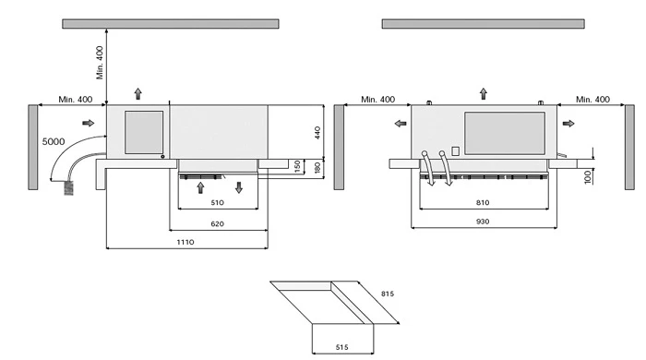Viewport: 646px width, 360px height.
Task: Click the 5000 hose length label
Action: [54, 142]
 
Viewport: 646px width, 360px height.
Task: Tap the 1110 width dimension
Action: [185, 242]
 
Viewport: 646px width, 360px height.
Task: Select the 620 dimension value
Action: [217, 224]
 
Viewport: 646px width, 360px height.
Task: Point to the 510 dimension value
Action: [217, 203]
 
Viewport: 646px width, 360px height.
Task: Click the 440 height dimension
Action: [317, 133]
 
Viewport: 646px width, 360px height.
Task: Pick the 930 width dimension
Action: [483, 222]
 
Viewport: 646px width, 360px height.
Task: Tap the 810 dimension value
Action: [483, 203]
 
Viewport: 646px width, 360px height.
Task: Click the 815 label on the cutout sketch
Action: [388, 294]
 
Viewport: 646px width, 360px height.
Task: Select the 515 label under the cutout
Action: [342, 347]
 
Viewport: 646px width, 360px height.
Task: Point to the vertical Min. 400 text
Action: [100, 63]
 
